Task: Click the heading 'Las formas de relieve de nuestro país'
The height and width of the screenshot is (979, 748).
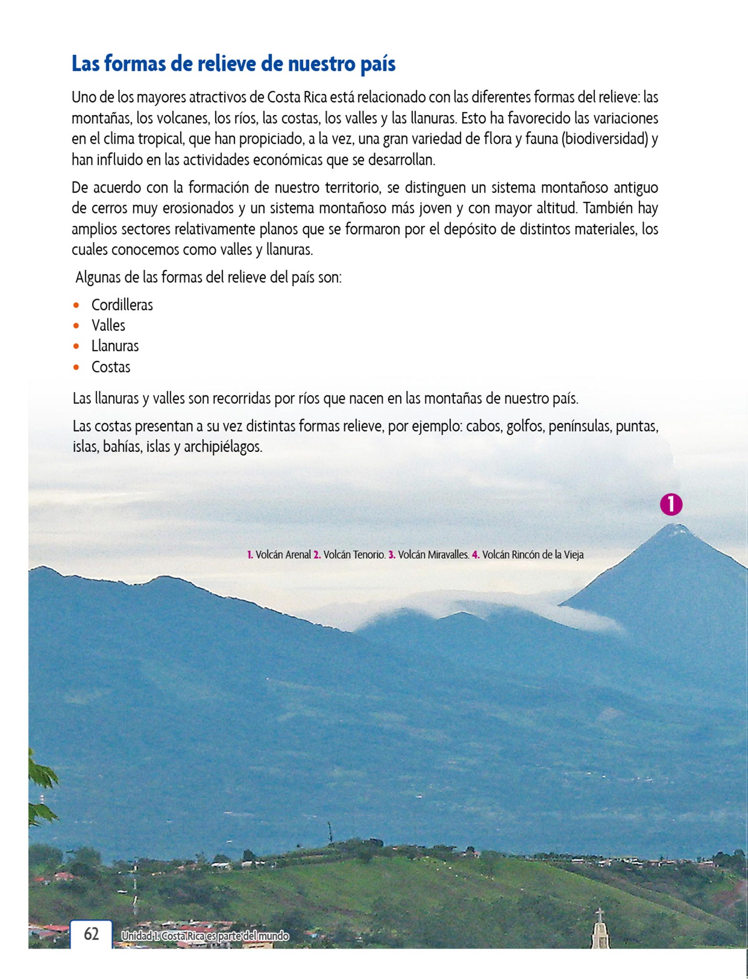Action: [233, 64]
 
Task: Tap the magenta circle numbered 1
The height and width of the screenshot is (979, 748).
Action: [671, 504]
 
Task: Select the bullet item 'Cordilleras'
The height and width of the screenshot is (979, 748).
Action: [122, 305]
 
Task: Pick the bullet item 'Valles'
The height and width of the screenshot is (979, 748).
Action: [108, 326]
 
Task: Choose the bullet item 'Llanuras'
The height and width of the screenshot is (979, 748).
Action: [115, 346]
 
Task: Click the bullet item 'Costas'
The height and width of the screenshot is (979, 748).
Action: [110, 367]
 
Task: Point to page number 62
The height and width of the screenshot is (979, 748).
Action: [91, 934]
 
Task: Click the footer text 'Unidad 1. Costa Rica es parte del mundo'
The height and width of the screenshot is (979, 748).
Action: [205, 936]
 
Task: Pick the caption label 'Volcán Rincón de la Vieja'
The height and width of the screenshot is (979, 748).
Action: [533, 555]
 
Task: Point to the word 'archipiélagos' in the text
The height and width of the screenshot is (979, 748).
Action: [223, 447]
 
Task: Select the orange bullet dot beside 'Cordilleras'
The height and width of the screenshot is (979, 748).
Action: [77, 305]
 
